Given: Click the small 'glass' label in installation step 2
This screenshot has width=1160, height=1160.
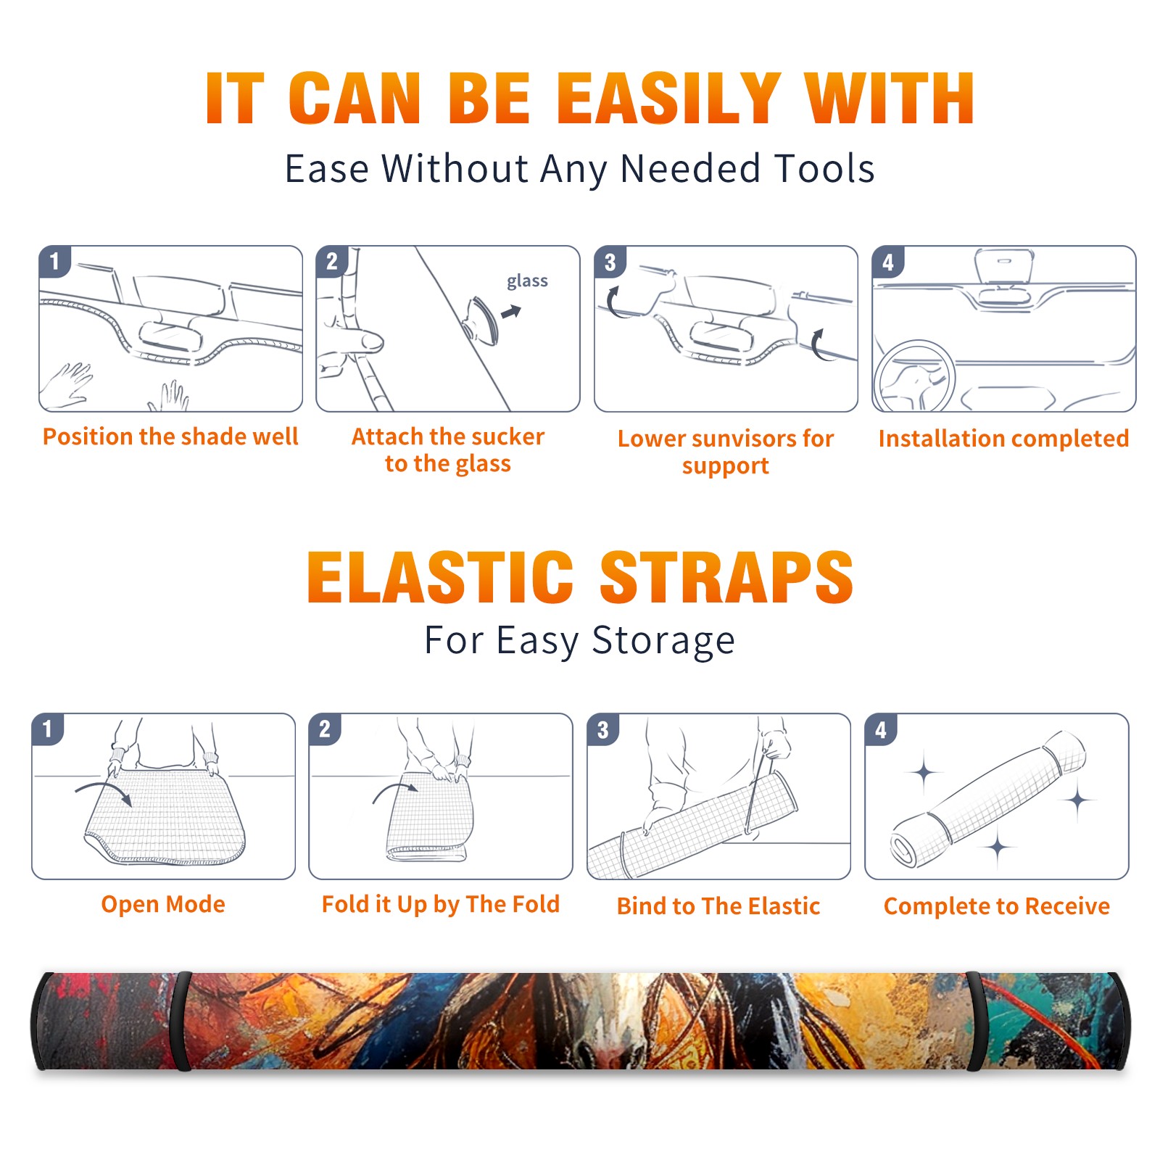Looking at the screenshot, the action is click(x=527, y=281).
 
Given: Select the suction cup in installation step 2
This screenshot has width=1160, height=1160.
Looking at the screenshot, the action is click(x=482, y=320).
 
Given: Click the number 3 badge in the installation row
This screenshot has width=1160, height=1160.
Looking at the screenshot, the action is click(x=610, y=262).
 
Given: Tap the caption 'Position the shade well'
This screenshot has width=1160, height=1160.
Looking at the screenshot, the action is click(x=170, y=436).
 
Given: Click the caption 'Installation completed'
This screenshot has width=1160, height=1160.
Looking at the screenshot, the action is click(x=1003, y=439).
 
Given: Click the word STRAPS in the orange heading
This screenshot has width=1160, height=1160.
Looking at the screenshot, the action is click(x=726, y=577).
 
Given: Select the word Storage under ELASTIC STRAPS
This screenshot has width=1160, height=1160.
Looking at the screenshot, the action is click(x=663, y=641).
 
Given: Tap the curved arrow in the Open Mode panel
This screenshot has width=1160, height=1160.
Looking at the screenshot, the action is click(x=103, y=790).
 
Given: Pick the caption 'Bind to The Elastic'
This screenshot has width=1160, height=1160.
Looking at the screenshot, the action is click(x=718, y=906).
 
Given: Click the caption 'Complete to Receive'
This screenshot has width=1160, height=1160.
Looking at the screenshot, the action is click(x=997, y=906).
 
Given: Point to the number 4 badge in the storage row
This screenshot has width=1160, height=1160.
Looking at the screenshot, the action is click(x=881, y=729).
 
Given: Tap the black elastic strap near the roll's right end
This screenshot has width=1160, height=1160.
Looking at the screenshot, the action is click(x=975, y=1021).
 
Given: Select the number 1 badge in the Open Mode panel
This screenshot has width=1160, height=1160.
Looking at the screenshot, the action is click(x=48, y=729).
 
